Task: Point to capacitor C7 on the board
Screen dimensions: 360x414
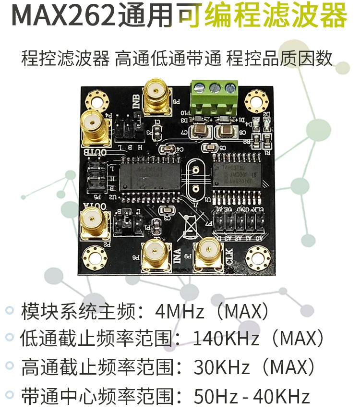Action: pyautogui.click(x=199, y=130)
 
